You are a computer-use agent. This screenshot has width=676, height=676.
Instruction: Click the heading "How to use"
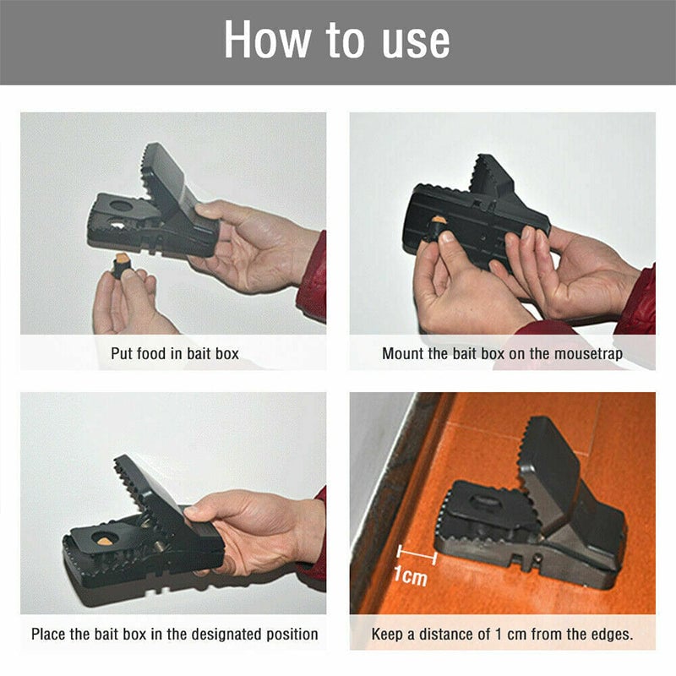(337, 41)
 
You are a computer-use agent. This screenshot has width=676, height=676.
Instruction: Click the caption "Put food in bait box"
(175, 353)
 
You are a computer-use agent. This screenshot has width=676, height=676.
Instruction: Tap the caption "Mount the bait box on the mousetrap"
(502, 353)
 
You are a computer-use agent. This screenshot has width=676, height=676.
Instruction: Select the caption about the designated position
(175, 633)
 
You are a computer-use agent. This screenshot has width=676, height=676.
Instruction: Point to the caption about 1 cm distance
(502, 633)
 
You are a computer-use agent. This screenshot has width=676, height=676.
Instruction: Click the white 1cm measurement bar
(416, 556)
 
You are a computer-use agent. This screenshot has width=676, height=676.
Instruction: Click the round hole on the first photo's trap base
(123, 206)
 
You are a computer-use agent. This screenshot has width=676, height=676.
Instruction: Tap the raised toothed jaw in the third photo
(148, 494)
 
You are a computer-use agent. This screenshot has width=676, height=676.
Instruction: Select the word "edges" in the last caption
(608, 633)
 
